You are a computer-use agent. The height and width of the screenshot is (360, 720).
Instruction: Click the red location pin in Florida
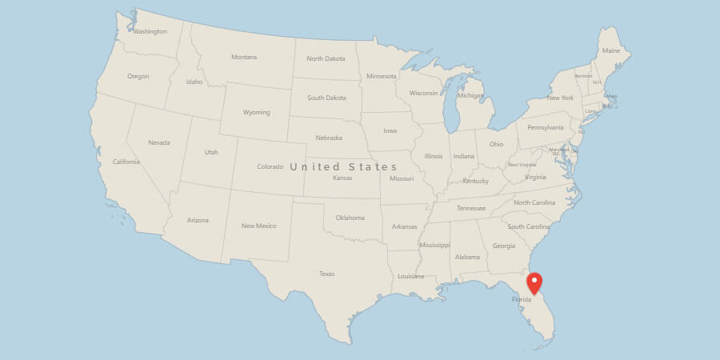(x=534, y=282)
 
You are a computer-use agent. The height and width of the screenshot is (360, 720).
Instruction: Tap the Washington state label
(x=150, y=32)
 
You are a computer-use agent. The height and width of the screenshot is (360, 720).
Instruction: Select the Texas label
(x=326, y=274)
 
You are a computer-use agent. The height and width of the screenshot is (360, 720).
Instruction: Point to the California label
(x=126, y=162)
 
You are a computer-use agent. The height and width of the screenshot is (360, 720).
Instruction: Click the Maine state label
(x=611, y=50)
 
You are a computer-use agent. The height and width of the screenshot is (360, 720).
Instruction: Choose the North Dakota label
(x=325, y=58)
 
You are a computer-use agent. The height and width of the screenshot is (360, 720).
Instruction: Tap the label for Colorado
(x=270, y=166)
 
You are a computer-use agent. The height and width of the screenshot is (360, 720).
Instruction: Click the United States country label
(x=343, y=166)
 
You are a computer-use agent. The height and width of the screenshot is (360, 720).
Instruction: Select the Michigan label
(x=470, y=95)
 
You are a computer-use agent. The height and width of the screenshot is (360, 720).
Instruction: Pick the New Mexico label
(x=258, y=226)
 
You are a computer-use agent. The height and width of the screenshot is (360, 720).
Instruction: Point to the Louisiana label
(x=410, y=276)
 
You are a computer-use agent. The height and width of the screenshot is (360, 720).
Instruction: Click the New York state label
(x=560, y=98)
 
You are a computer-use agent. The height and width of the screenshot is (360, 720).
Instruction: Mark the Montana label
(x=244, y=57)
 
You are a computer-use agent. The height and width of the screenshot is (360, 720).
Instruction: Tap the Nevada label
(x=159, y=142)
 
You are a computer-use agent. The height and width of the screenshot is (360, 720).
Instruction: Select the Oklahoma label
(x=350, y=218)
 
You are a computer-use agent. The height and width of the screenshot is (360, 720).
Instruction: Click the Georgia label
(x=504, y=246)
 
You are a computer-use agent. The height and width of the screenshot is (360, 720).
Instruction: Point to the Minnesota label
(x=381, y=76)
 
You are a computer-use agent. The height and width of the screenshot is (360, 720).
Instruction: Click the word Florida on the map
(x=521, y=300)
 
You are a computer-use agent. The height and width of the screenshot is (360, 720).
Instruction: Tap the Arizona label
(x=198, y=220)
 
